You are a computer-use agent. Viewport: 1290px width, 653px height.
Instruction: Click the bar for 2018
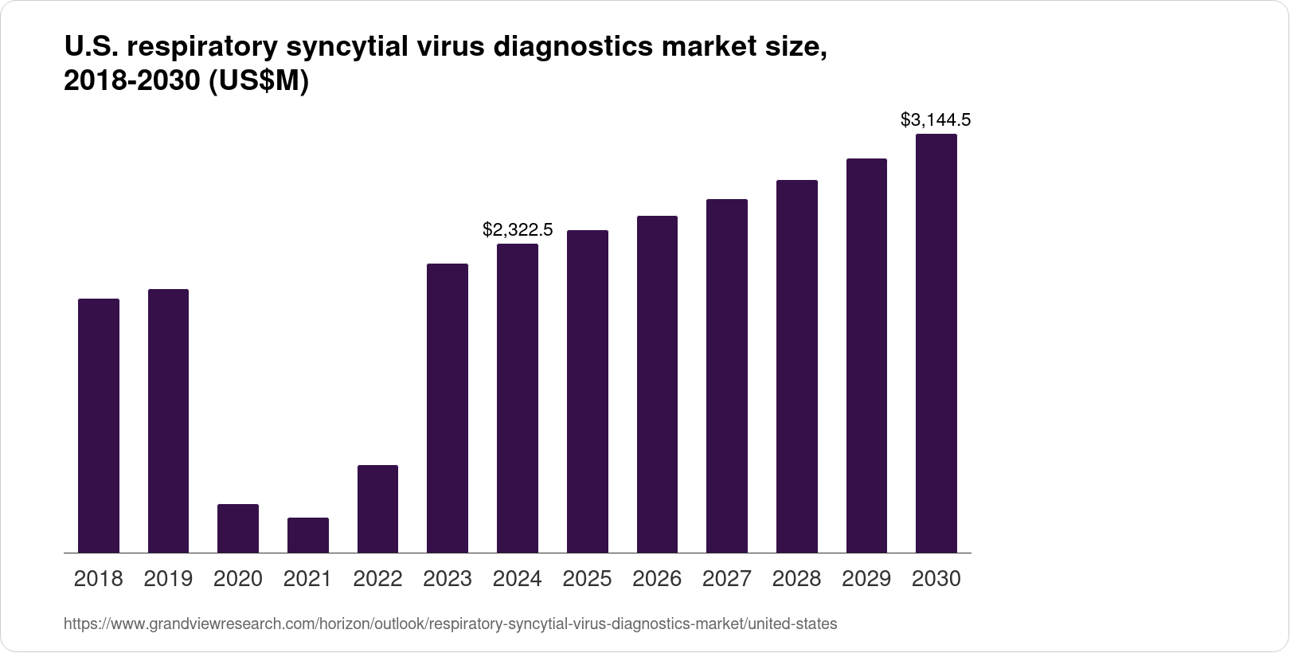(x=99, y=425)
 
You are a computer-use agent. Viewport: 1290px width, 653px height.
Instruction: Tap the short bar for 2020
(x=238, y=528)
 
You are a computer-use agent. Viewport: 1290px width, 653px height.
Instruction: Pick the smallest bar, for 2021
(x=308, y=535)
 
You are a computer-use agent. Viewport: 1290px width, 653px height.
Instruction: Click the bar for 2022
(x=377, y=509)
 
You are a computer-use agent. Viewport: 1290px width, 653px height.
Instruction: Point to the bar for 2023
(x=448, y=408)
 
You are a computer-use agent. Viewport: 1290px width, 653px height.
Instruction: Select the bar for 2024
(x=518, y=398)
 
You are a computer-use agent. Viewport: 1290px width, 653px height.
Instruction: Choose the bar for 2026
(x=657, y=384)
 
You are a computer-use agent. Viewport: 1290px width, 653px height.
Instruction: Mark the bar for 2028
(x=797, y=366)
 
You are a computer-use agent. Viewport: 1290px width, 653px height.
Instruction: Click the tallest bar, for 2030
(x=936, y=343)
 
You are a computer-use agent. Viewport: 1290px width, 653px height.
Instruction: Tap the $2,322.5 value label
(x=518, y=230)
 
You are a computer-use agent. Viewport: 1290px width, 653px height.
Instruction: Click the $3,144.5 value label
(x=936, y=120)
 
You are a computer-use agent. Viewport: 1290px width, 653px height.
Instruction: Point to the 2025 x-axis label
(x=587, y=579)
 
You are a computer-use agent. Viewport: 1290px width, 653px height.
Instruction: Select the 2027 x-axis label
(x=727, y=579)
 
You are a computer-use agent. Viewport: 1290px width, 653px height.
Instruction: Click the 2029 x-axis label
(x=866, y=579)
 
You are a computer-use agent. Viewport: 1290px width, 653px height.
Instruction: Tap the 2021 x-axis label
(x=307, y=579)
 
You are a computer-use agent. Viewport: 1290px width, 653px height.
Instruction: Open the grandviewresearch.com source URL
(x=450, y=624)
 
